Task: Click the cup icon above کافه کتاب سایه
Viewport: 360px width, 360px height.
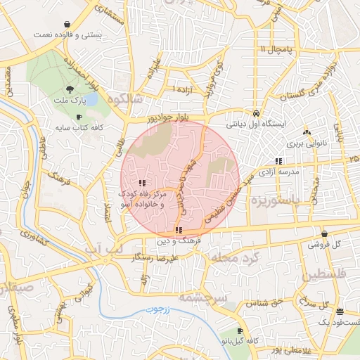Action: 79,116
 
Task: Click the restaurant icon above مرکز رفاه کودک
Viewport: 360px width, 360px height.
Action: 142,183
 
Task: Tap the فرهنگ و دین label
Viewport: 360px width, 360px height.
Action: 181,240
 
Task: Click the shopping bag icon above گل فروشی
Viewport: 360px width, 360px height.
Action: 323,234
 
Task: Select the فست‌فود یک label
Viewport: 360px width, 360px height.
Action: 334,322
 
